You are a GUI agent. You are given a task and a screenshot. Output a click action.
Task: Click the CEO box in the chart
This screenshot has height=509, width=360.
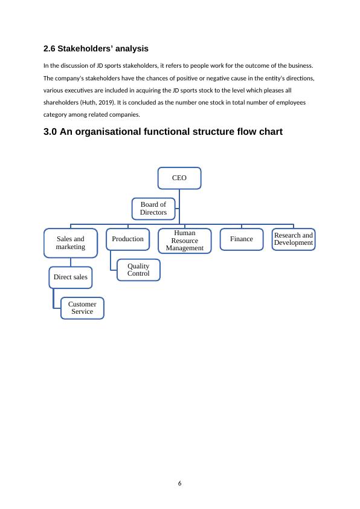179,178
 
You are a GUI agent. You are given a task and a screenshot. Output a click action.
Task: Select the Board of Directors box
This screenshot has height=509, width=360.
153,209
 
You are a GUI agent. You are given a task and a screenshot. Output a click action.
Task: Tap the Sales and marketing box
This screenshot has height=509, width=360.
71,243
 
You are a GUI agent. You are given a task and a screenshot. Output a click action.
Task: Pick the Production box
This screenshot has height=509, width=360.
127,239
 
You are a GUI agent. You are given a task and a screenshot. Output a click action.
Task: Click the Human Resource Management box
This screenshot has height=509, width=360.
184,240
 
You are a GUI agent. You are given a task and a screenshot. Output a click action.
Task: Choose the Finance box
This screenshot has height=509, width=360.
241,239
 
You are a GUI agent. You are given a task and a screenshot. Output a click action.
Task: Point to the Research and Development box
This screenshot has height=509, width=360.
293,239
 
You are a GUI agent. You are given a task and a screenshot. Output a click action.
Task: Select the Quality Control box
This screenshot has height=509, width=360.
138,270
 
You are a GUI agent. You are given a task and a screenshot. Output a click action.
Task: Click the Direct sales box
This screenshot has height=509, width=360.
70,277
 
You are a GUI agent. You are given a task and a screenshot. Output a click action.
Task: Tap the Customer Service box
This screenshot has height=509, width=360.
82,308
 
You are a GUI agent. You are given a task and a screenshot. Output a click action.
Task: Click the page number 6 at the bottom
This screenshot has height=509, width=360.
180,483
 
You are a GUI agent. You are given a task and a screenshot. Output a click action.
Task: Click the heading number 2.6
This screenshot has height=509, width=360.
50,48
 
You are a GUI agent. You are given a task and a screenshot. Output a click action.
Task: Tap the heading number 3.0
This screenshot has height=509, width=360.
51,131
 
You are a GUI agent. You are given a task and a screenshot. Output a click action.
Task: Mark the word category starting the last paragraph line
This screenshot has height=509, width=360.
58,114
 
